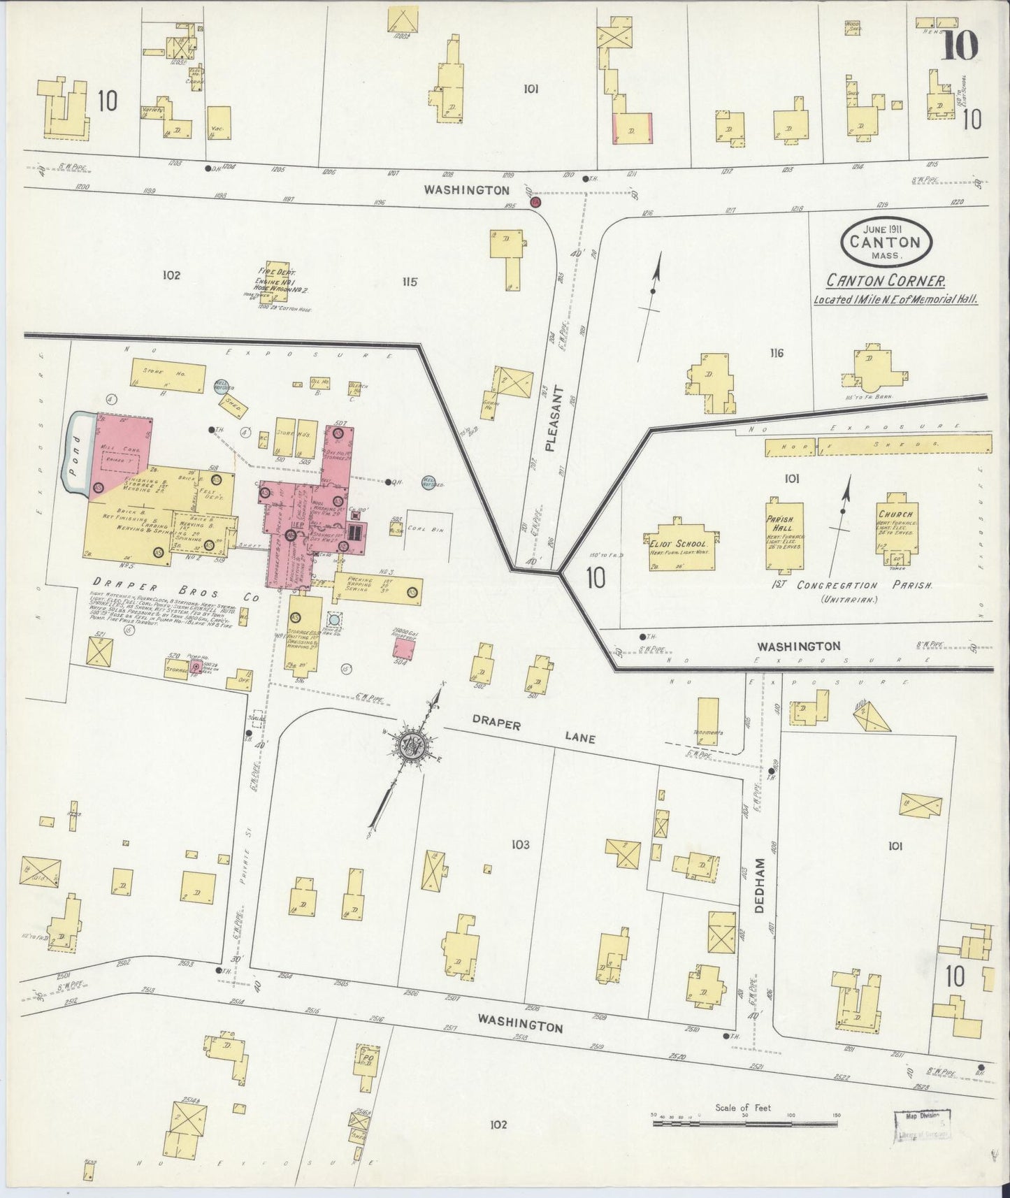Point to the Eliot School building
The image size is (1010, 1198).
pyautogui.click(x=677, y=544)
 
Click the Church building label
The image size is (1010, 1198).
pyautogui.click(x=895, y=515)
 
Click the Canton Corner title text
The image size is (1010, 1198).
pyautogui.click(x=886, y=281)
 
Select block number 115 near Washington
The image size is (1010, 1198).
pyautogui.click(x=409, y=282)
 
